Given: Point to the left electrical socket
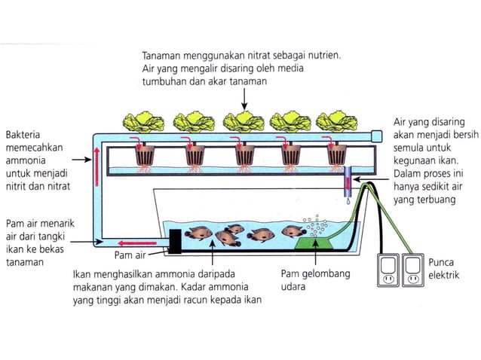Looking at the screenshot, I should (x=389, y=273).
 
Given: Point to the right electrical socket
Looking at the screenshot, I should (x=415, y=273).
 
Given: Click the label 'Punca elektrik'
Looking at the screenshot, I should (x=444, y=269).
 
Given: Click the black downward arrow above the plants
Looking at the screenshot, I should (x=243, y=97).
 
